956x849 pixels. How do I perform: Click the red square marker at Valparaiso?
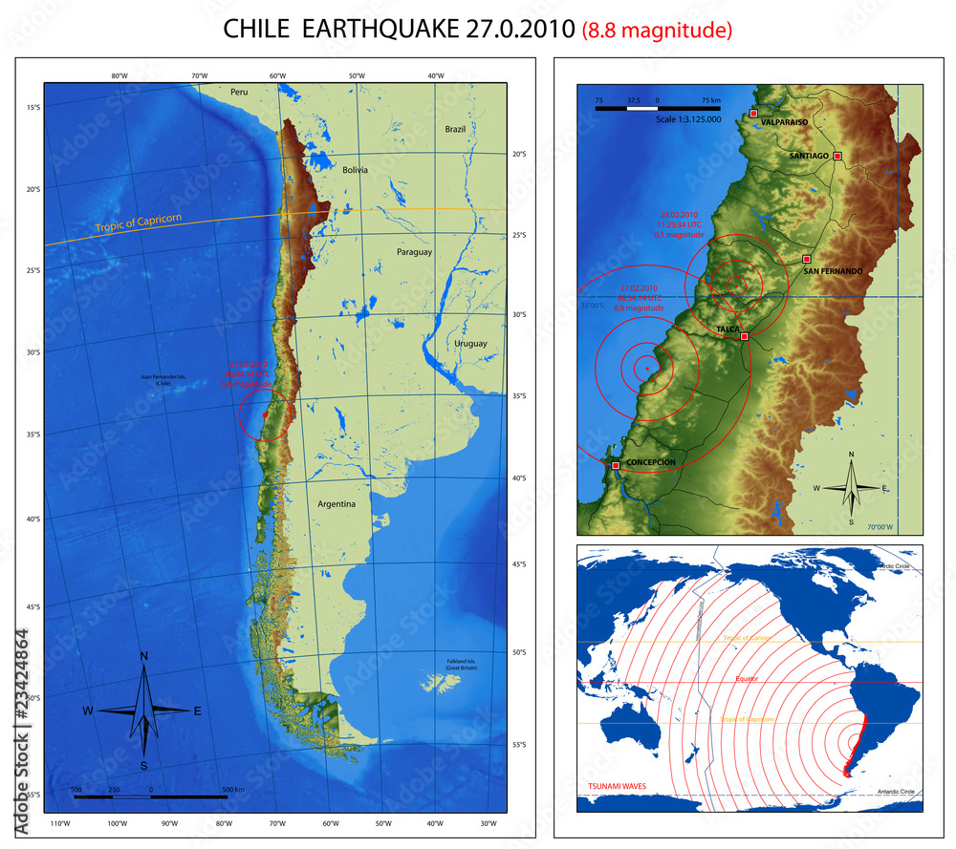click(753, 114)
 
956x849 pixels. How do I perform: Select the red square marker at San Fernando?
click(806, 259)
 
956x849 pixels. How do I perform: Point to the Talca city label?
click(728, 329)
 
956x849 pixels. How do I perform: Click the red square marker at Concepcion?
click(616, 465)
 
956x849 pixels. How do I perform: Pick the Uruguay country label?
click(470, 343)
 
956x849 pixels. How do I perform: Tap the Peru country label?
click(238, 92)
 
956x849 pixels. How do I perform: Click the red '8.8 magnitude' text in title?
click(657, 30)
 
